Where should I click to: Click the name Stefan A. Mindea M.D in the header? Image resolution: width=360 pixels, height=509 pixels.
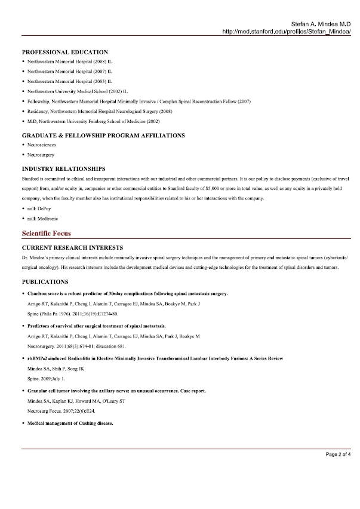[x=320, y=23]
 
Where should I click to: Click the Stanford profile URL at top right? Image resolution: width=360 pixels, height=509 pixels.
[x=286, y=30]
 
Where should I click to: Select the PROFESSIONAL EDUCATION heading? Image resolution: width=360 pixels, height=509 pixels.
[x=65, y=53]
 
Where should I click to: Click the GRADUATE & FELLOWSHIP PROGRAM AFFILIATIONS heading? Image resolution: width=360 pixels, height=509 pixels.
[x=103, y=136]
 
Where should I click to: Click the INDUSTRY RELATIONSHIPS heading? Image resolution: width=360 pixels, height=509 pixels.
[x=63, y=169]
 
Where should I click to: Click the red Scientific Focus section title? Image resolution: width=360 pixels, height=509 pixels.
[x=47, y=232]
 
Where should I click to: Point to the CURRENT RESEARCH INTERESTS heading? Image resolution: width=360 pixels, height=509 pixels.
[x=72, y=247]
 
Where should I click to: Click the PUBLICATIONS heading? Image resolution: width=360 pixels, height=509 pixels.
[x=45, y=281]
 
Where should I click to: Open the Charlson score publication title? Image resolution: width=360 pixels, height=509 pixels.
[x=127, y=294]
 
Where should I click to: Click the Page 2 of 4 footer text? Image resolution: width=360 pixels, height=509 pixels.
[x=338, y=455]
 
